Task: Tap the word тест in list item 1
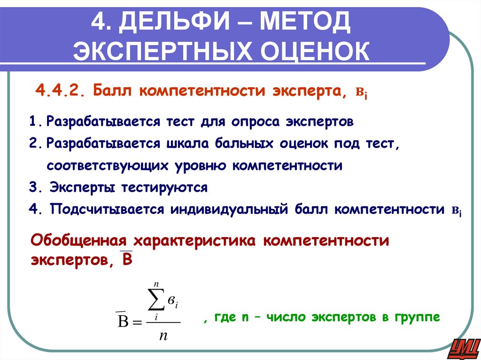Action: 180,122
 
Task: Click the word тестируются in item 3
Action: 164,187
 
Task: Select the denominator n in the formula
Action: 163,336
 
